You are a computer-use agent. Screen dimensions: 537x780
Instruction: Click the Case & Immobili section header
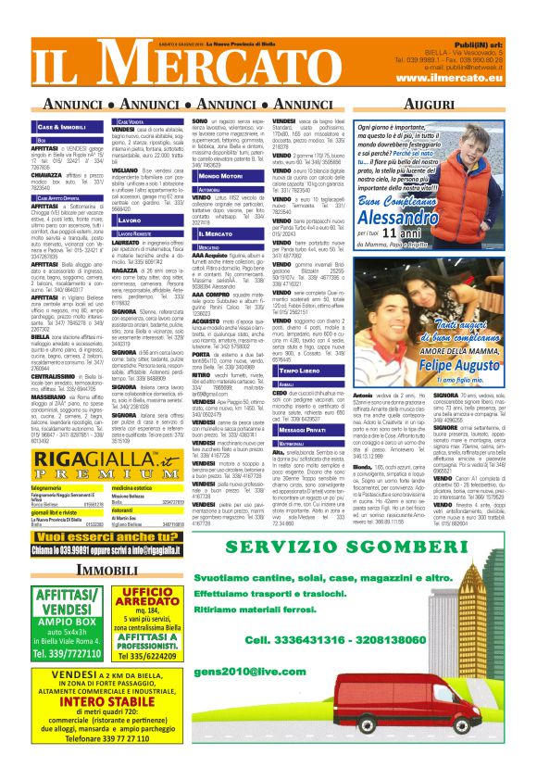(x=62, y=125)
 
